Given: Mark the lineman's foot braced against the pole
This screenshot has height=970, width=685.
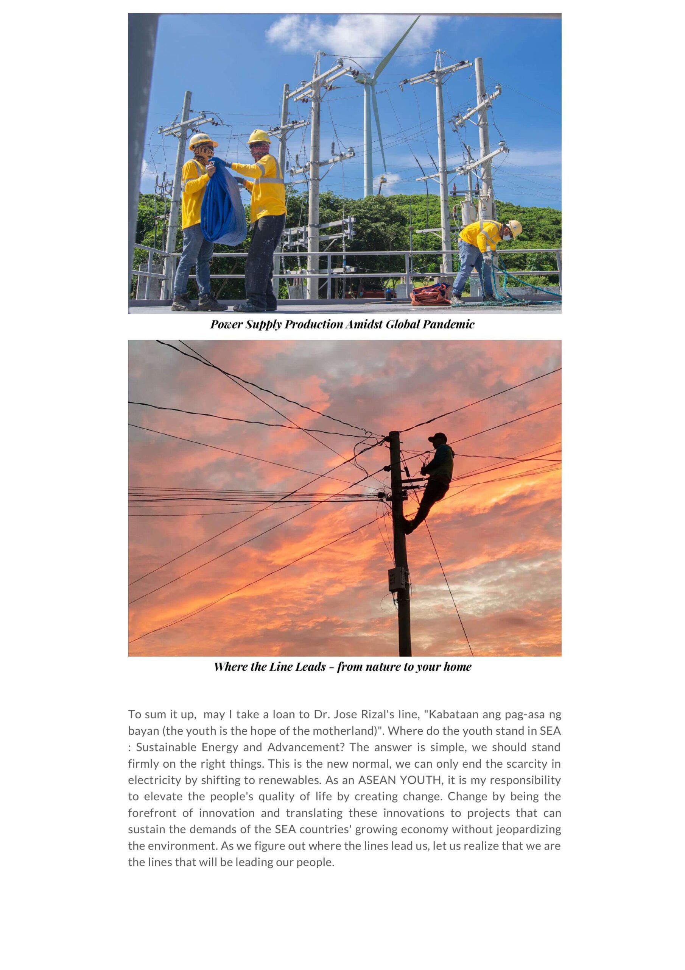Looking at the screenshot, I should (408, 526).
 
